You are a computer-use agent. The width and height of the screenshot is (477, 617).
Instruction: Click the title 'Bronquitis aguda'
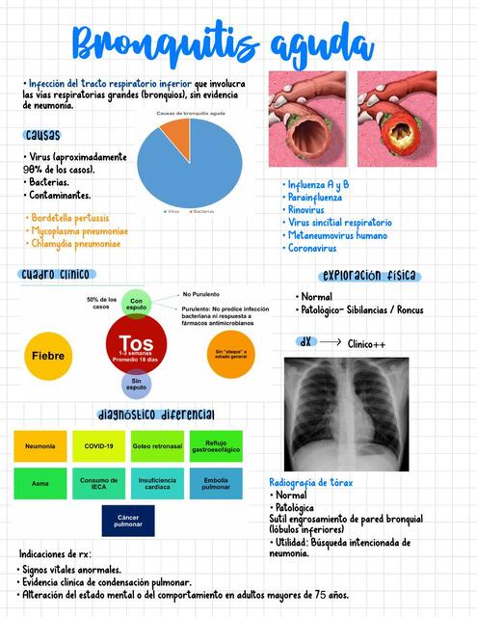(x=223, y=44)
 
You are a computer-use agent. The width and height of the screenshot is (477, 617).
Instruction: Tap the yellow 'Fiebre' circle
(x=47, y=356)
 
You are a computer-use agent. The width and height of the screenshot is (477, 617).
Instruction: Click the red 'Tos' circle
(x=137, y=348)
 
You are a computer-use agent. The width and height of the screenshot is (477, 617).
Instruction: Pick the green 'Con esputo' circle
(x=136, y=303)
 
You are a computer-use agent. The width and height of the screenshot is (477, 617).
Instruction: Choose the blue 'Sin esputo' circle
(x=136, y=384)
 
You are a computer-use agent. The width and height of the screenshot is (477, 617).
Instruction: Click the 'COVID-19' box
(x=98, y=446)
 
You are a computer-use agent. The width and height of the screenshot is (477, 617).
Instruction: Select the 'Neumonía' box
(x=40, y=446)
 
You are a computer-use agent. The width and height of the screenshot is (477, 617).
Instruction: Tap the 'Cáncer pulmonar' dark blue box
(x=128, y=521)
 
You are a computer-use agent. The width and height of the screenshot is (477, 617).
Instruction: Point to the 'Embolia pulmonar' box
(x=217, y=483)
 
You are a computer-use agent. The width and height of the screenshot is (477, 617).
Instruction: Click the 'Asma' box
(x=40, y=483)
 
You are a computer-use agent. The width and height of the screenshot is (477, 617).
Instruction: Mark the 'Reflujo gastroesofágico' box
(x=217, y=446)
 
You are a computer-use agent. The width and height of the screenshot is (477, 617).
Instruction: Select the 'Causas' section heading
(x=44, y=135)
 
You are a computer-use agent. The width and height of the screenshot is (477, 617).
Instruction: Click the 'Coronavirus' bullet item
(x=312, y=248)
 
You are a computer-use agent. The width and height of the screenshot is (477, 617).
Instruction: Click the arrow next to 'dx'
(x=330, y=342)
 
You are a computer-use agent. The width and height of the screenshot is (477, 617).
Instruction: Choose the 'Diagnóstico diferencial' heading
(x=155, y=415)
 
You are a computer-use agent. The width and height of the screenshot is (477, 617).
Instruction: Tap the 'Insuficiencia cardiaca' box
(x=157, y=483)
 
